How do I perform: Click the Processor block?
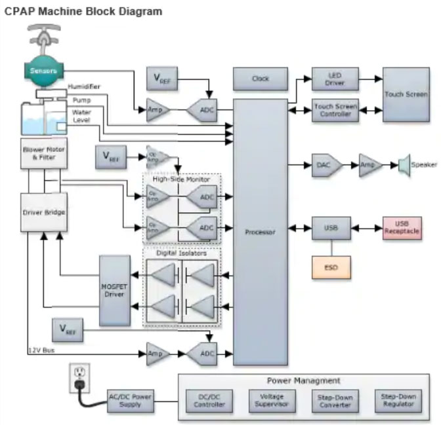pyautogui.click(x=261, y=232)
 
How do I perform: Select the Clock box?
pyautogui.click(x=261, y=79)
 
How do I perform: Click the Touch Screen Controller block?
pyautogui.click(x=335, y=110)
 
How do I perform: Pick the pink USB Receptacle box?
pyautogui.click(x=402, y=228)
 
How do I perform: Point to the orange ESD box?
pyautogui.click(x=331, y=267)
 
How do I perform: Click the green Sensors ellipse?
pyautogui.click(x=45, y=70)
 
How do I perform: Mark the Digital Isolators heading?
pyautogui.click(x=182, y=253)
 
